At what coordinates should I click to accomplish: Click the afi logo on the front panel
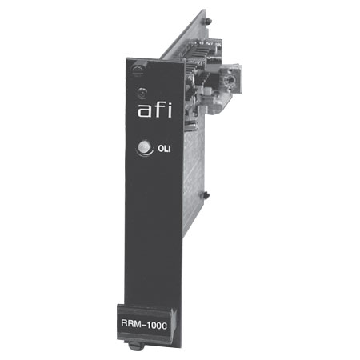[154, 110]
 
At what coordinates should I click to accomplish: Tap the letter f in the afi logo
[159, 110]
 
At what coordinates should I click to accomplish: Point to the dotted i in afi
[170, 110]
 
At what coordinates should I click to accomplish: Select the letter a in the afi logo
[144, 112]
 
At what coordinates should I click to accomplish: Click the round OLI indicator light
[144, 147]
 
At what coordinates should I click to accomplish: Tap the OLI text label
[164, 149]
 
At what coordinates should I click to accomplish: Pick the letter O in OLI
[161, 149]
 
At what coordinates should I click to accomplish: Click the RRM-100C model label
[144, 324]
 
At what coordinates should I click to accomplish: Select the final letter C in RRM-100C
[164, 326]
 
